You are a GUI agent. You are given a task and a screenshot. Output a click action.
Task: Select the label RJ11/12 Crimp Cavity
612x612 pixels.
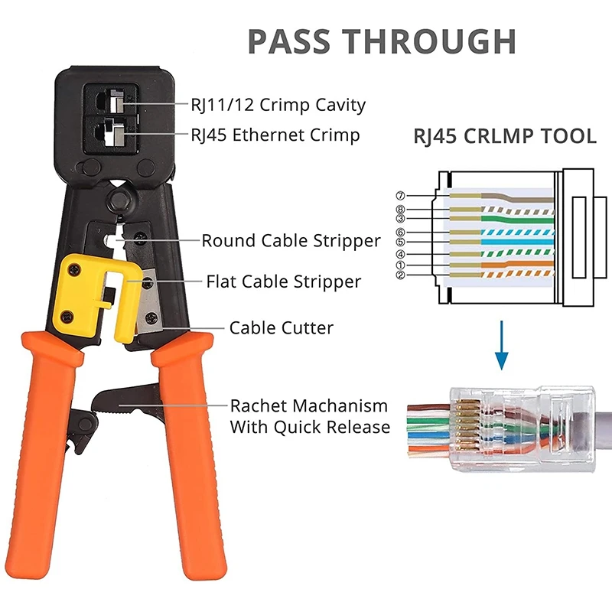[278, 104]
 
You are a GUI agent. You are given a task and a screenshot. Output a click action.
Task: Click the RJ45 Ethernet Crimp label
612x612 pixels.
[275, 135]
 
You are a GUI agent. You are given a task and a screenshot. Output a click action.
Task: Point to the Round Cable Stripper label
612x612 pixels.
[291, 241]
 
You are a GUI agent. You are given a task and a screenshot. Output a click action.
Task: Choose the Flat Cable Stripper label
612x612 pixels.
[283, 282]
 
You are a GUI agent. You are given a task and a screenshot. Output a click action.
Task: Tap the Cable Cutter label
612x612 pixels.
[282, 328]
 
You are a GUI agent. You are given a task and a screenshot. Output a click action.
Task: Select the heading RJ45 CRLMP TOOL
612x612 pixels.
[505, 137]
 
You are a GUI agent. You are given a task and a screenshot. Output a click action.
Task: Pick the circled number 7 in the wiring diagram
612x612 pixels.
[400, 197]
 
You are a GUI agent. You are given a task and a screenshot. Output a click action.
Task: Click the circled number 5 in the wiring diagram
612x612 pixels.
[400, 243]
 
